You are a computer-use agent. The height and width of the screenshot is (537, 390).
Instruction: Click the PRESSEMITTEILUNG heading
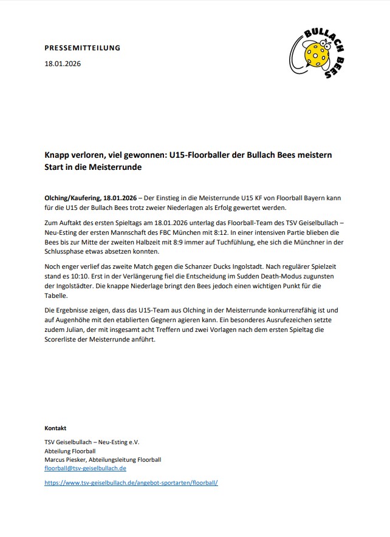tap(83, 47)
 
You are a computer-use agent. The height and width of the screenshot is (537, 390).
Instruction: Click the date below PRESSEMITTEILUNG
tap(63, 64)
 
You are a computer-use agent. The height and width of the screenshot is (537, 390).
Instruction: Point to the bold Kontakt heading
tap(56, 428)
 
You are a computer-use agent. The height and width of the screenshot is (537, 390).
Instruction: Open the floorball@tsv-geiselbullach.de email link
tap(85, 468)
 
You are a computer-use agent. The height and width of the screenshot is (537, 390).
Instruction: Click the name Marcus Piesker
tap(66, 460)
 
